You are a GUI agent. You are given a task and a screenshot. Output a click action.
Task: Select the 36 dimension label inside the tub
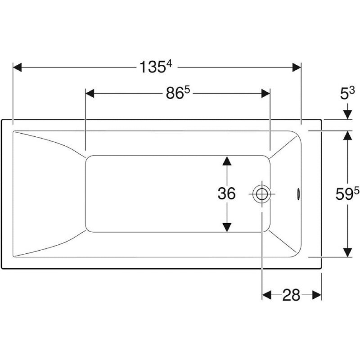226,193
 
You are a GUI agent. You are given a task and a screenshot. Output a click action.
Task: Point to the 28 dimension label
291,295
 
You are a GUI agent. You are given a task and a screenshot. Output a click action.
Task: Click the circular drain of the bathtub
262,194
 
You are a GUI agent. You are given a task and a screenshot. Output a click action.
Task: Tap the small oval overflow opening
298,194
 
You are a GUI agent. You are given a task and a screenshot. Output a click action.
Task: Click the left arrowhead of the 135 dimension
18,67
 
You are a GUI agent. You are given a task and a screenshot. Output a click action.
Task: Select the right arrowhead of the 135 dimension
297,67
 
